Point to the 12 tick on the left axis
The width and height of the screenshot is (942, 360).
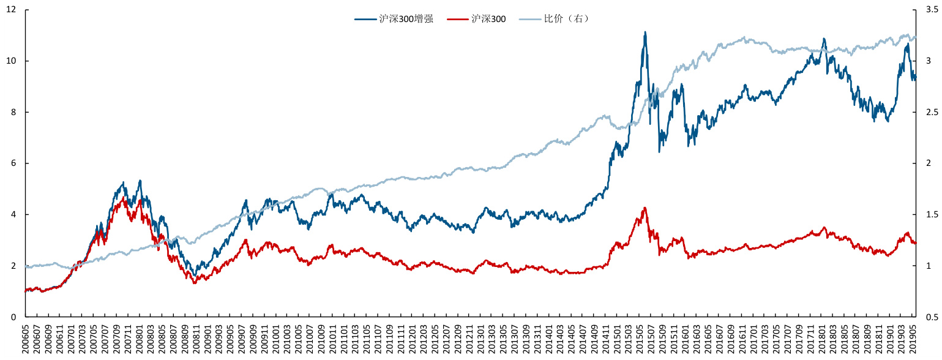[12, 10]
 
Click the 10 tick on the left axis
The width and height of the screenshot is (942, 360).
[12, 61]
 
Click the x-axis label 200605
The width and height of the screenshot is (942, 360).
[26, 338]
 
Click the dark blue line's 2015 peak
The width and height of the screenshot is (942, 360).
[645, 32]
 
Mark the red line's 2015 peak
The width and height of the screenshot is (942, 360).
[645, 208]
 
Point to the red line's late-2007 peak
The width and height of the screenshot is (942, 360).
[125, 197]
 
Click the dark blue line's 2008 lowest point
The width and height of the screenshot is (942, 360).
[195, 274]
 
